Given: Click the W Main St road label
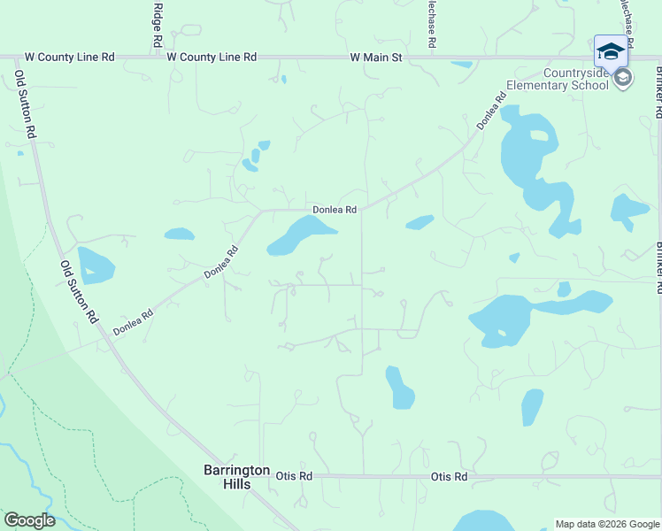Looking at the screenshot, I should (x=376, y=58).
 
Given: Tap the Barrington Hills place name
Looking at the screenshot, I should (x=236, y=476).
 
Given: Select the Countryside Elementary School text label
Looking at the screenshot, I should (x=557, y=79).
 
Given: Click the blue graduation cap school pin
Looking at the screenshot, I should (x=611, y=51).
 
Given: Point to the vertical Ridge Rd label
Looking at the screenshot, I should (x=158, y=25).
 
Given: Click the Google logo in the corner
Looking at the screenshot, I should (x=29, y=520).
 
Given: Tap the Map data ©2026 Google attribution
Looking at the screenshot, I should (x=607, y=524).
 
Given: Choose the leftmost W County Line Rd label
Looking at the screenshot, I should (x=70, y=58).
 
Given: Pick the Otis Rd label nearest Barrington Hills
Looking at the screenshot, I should (x=295, y=476).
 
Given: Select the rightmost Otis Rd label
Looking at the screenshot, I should (x=449, y=476).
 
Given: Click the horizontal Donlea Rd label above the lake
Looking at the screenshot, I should (x=335, y=210).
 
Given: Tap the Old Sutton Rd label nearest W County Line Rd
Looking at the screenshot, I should (x=24, y=104).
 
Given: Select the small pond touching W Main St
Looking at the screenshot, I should (x=462, y=64).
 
